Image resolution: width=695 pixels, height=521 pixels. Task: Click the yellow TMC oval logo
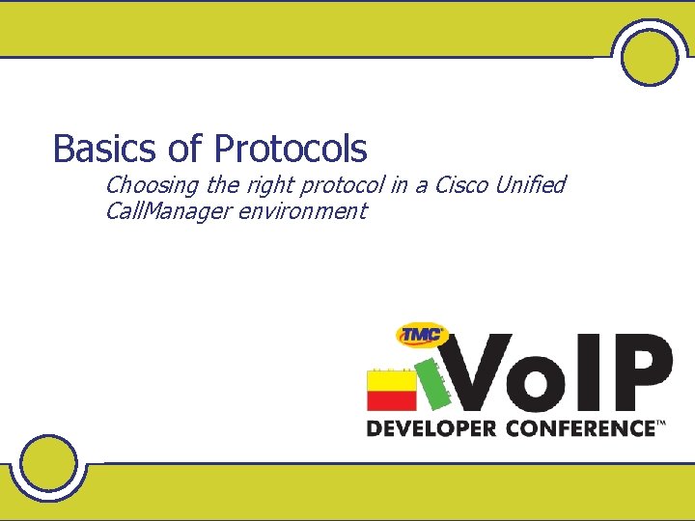422,335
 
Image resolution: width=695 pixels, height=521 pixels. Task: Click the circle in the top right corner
650,55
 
